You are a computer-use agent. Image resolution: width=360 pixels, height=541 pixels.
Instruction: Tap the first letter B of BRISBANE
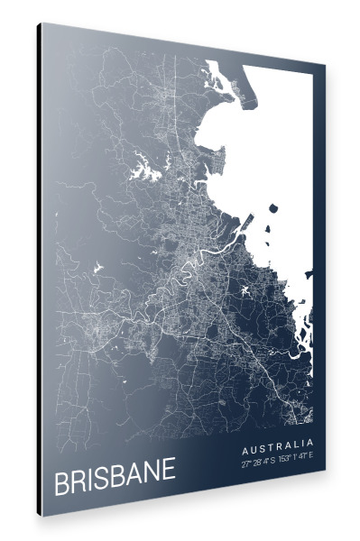(61, 484)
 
